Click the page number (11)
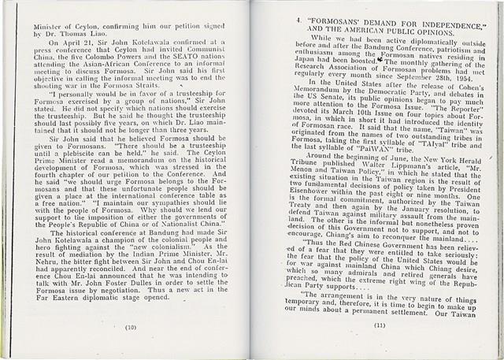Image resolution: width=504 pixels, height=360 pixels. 380,325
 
